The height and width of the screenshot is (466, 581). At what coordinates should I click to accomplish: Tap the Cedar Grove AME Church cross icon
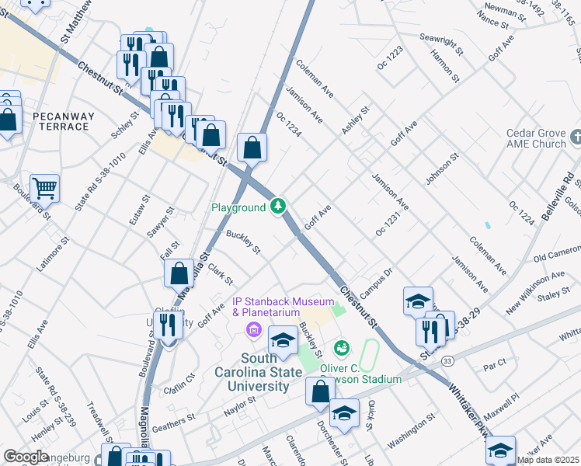[x=575, y=137]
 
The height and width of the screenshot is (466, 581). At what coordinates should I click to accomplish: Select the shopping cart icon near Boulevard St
[x=44, y=187]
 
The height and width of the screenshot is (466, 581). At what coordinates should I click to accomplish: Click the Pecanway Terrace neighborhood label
[x=64, y=121]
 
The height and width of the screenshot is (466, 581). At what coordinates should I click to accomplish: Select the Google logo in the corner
[x=26, y=457]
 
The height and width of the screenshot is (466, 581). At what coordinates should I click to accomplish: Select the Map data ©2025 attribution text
[x=548, y=460]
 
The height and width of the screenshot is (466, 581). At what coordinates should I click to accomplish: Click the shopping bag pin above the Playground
[x=252, y=147]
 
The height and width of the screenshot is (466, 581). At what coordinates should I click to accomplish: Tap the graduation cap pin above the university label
[x=283, y=340]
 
